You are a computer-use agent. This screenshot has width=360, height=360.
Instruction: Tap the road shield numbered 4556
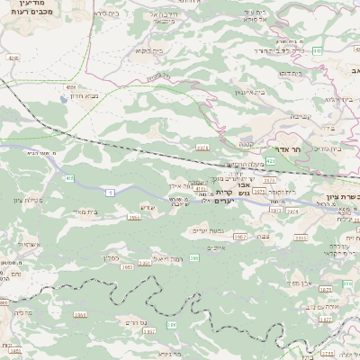point(70,87)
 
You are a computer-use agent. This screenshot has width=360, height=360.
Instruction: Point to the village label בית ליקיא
point(148,50)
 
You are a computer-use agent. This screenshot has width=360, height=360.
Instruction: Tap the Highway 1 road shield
point(110,191)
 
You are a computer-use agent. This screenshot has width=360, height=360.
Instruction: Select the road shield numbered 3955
point(134,217)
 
